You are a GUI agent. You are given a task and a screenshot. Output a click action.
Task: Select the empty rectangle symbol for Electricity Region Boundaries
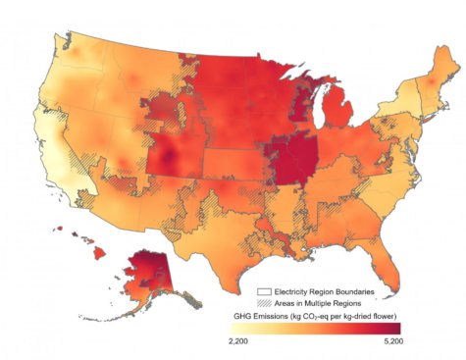click(x=263, y=291)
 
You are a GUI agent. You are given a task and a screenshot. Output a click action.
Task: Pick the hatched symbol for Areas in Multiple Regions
click(x=263, y=303)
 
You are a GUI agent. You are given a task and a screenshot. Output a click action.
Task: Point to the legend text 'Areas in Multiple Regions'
click(x=317, y=303)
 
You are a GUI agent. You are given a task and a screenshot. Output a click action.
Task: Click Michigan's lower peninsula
click(x=337, y=119)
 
